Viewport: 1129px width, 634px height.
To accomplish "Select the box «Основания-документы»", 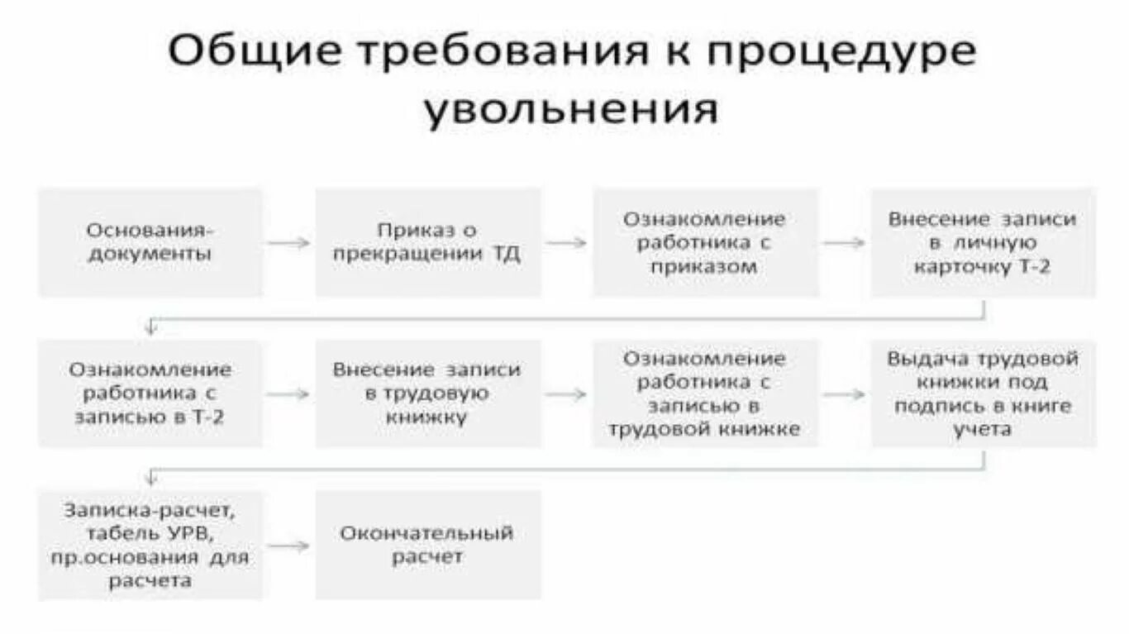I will (150, 242).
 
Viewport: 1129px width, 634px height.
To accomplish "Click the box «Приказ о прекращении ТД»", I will (427, 242).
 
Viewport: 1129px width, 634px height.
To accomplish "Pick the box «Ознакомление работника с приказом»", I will (704, 242).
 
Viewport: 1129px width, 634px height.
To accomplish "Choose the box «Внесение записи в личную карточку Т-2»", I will (983, 242).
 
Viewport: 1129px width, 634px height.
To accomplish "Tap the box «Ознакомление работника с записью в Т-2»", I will (150, 393).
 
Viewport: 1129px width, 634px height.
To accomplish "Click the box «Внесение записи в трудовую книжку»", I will (427, 393).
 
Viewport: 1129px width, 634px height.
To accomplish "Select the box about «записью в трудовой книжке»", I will (704, 393).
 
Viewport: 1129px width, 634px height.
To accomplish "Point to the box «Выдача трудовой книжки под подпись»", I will (983, 393).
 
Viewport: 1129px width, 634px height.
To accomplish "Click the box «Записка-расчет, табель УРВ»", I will (150, 545).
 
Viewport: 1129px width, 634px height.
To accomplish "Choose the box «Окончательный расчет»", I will (427, 545).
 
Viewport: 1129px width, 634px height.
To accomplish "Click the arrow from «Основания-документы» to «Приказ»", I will (288, 243).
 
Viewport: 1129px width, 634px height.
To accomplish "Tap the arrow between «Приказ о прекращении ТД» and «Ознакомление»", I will (566, 243).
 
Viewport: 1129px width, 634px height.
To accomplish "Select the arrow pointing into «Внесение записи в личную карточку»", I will (844, 243).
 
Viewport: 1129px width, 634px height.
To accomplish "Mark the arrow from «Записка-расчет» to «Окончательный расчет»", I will (288, 546).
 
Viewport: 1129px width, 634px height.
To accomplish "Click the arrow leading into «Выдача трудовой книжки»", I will (844, 394).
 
